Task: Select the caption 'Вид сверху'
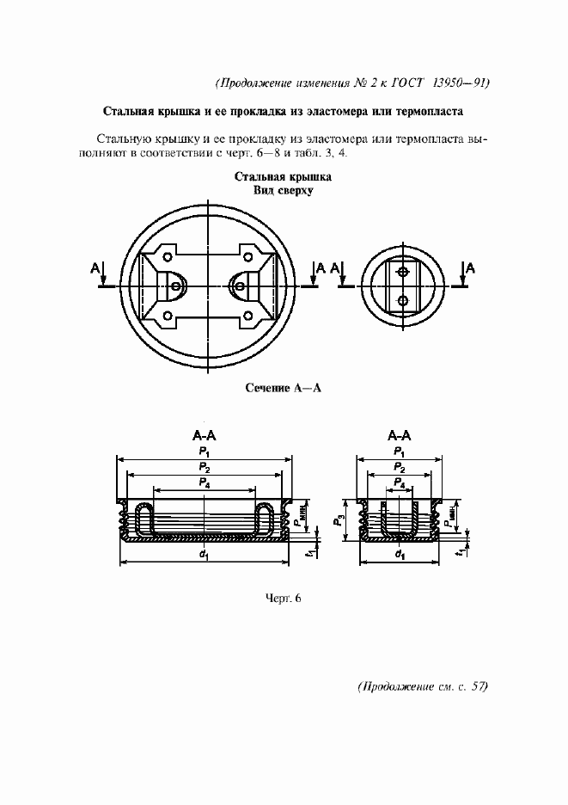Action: point(283,191)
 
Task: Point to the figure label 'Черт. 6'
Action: point(284,599)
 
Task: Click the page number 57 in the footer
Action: point(479,686)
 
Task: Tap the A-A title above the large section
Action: point(205,435)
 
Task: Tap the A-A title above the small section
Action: point(400,435)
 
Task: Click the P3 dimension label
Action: point(340,519)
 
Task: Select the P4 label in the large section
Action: point(204,483)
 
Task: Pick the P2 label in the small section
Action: point(400,466)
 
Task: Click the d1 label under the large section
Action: point(204,555)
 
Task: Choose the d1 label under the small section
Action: point(400,555)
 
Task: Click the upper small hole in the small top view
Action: point(403,272)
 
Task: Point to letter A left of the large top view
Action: point(94,269)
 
